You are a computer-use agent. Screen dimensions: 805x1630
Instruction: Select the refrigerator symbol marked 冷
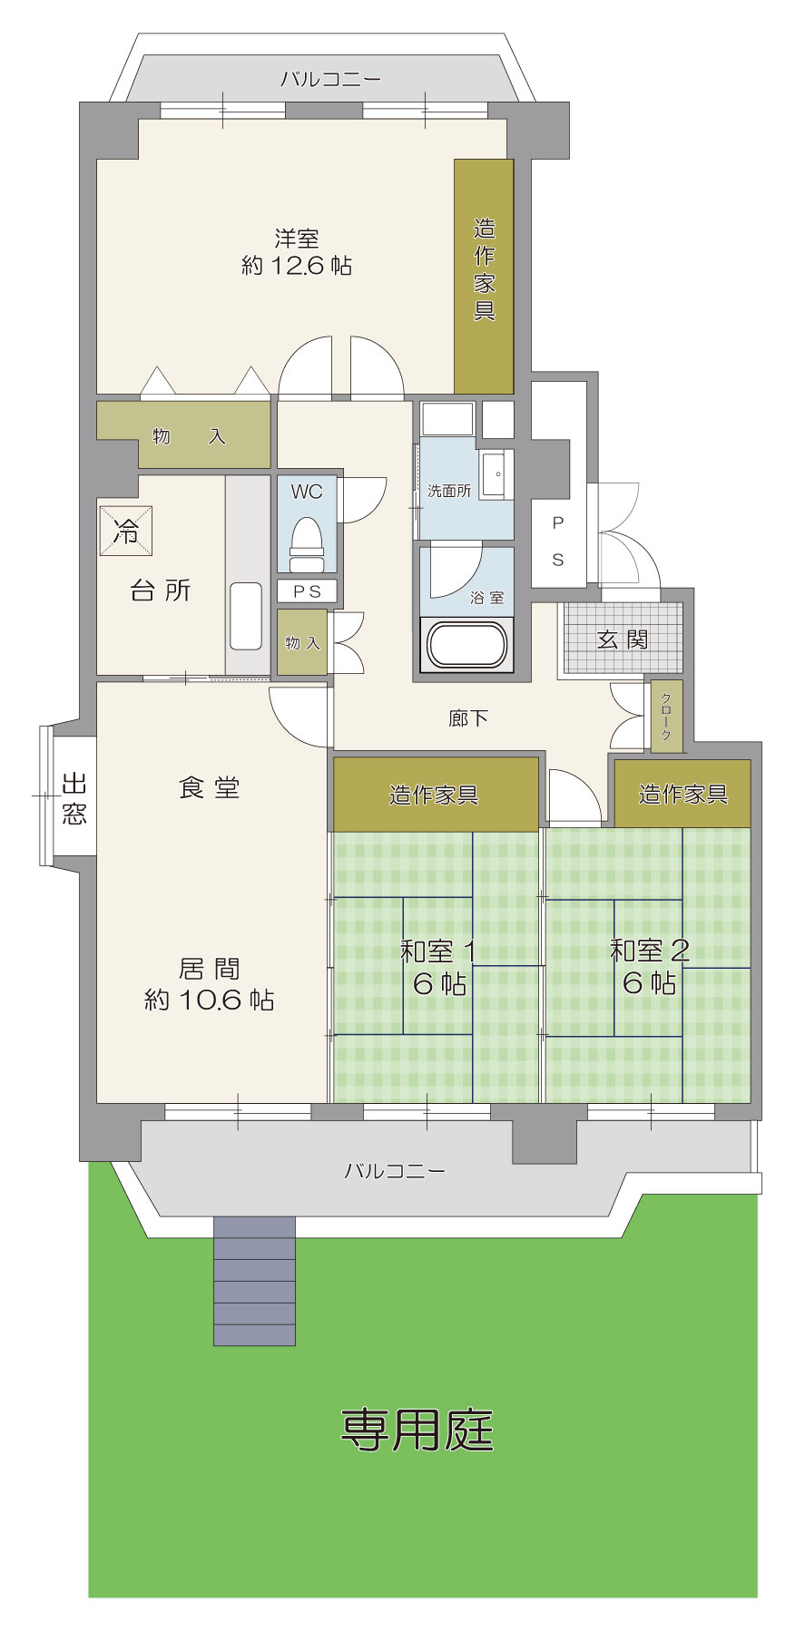[x=126, y=530]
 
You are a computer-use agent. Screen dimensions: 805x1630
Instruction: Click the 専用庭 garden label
[x=417, y=1430]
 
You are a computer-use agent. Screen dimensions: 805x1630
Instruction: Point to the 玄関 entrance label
[x=623, y=639]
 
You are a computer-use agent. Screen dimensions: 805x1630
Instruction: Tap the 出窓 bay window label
[x=74, y=798]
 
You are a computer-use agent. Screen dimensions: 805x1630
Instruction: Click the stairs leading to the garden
[x=254, y=1281]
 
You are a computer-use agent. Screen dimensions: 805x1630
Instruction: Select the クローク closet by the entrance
[x=666, y=717]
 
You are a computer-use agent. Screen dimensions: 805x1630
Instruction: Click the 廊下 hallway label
[x=468, y=718]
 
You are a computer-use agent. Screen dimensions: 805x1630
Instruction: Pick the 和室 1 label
[x=438, y=952]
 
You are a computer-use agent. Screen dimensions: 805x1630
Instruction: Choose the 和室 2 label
[x=650, y=951]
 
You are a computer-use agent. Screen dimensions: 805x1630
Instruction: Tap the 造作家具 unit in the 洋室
[x=484, y=277]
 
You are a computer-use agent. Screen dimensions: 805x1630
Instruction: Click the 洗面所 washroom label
[x=449, y=491]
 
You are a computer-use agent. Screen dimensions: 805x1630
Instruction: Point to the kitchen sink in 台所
[x=246, y=616]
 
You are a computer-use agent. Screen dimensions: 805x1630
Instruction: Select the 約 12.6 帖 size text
[x=297, y=266]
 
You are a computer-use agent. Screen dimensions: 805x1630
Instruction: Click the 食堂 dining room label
[x=210, y=787]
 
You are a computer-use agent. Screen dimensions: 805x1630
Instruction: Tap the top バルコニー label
[x=330, y=79]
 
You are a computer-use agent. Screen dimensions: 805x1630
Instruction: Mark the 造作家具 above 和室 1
[x=436, y=795]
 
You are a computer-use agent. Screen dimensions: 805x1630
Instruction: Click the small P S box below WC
[x=307, y=591]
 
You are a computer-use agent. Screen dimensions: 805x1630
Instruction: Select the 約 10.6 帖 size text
[x=210, y=1000]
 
